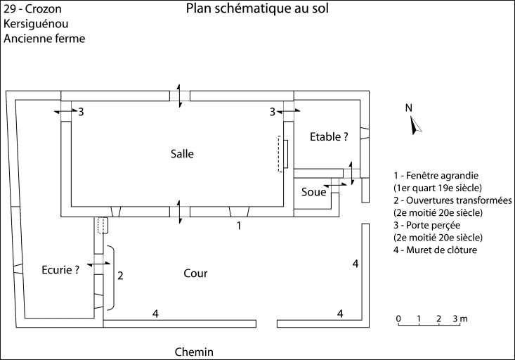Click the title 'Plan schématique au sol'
[x=258, y=9]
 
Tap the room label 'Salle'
[x=181, y=154]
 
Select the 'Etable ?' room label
[x=329, y=138]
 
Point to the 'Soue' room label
[x=314, y=192]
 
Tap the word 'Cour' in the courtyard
[x=195, y=273]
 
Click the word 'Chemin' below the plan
[x=193, y=352]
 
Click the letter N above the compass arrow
[x=408, y=108]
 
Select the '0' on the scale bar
[x=398, y=319]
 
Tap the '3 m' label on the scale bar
[x=460, y=319]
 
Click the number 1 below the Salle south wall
[x=239, y=226]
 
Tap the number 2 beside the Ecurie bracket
[x=120, y=275]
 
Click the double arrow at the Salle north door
[x=181, y=95]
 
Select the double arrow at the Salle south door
[x=181, y=212]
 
